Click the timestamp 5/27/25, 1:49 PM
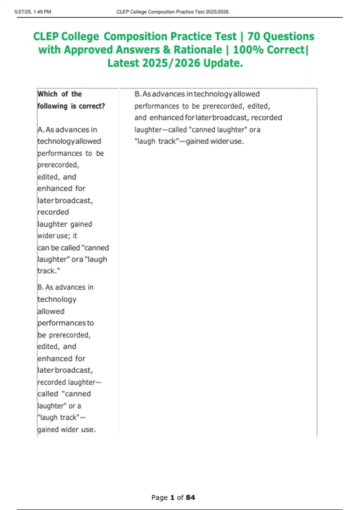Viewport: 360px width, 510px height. [33, 12]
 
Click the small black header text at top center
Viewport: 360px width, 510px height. [172, 12]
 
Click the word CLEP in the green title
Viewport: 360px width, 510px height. [46, 37]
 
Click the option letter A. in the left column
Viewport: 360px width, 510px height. [41, 130]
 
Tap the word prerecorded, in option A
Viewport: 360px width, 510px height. [58, 165]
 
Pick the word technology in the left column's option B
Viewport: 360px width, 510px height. [57, 299]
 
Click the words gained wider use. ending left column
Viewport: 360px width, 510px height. [67, 430]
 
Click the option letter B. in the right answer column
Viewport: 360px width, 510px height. [138, 94]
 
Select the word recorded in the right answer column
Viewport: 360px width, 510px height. [266, 118]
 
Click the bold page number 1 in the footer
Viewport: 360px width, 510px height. [172, 498]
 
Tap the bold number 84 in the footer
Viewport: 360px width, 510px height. [190, 498]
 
